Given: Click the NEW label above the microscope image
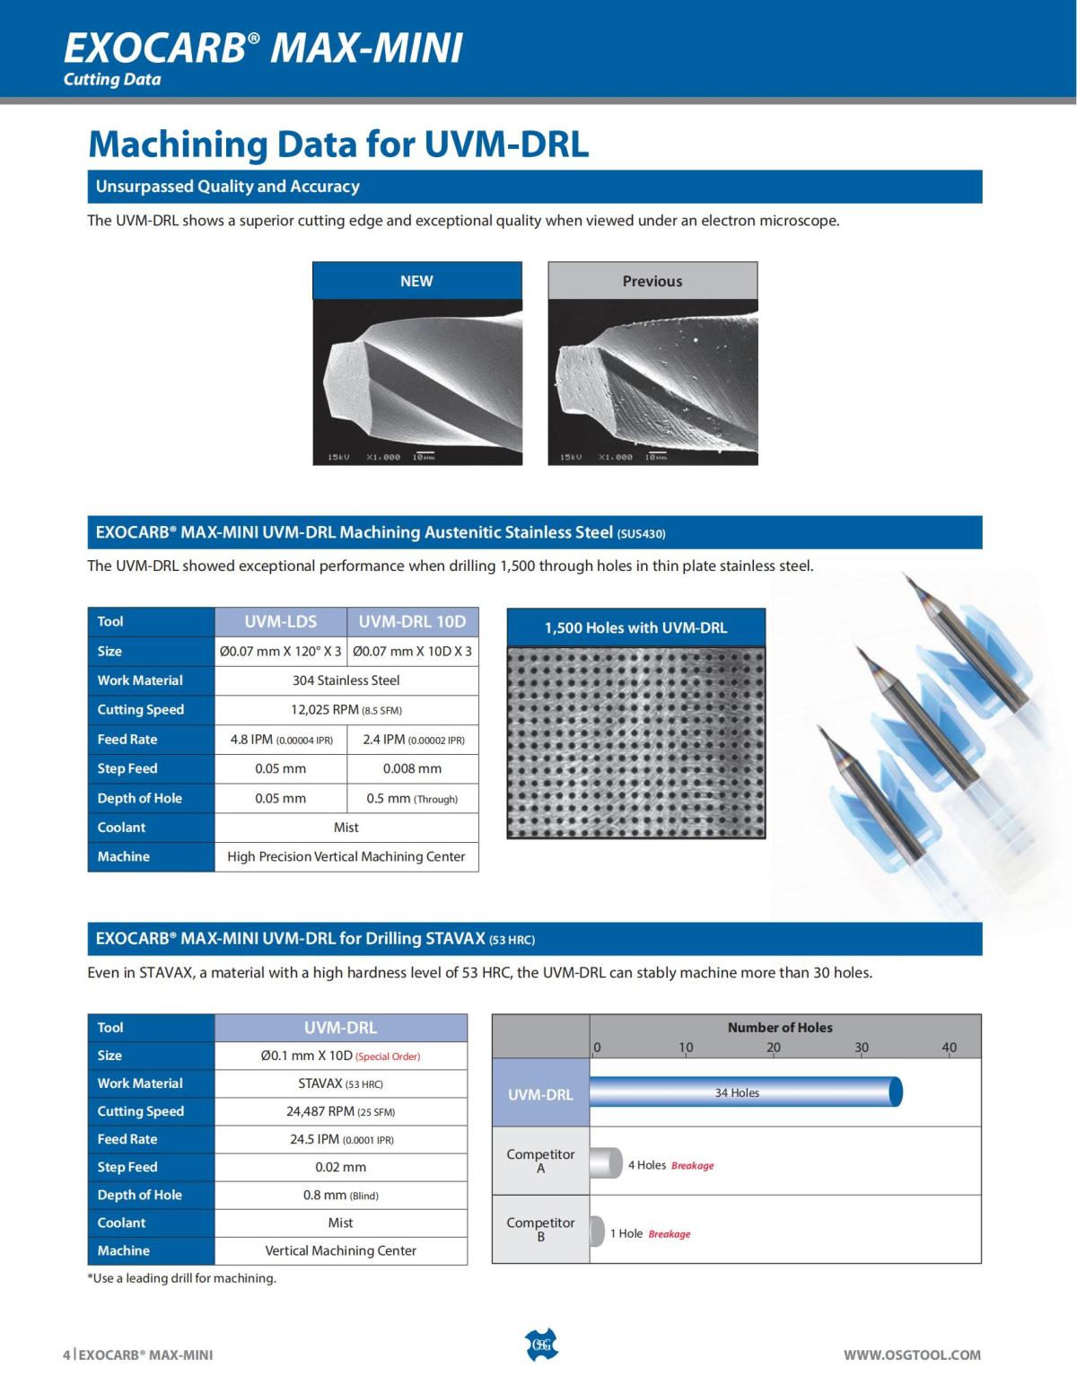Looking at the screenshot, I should (x=416, y=281).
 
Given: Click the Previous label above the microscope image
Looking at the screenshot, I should (x=652, y=281).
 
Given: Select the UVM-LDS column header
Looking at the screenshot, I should (x=281, y=621).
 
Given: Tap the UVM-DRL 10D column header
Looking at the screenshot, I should (x=413, y=621).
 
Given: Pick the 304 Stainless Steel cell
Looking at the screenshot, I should (x=346, y=680).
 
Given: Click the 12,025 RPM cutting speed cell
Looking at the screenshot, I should (x=346, y=710).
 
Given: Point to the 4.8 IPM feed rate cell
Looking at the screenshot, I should (x=281, y=740).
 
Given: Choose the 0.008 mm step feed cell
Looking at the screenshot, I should (x=413, y=768).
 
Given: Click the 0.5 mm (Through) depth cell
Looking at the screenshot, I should (x=413, y=798).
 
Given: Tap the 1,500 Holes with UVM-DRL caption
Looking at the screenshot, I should (x=636, y=627).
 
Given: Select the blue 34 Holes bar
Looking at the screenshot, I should (x=745, y=1092).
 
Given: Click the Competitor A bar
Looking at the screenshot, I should (x=606, y=1163).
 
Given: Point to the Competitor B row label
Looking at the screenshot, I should (x=540, y=1229).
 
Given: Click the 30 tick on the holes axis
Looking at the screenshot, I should (x=862, y=1048).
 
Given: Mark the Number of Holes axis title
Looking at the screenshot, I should (x=780, y=1028).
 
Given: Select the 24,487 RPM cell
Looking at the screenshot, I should (x=341, y=1111).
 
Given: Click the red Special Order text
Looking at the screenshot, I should (x=388, y=1056).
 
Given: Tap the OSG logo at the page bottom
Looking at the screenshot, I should (x=540, y=1345).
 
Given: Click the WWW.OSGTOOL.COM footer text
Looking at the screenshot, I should (x=912, y=1355).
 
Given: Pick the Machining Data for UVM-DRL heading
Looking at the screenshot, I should (x=338, y=144).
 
